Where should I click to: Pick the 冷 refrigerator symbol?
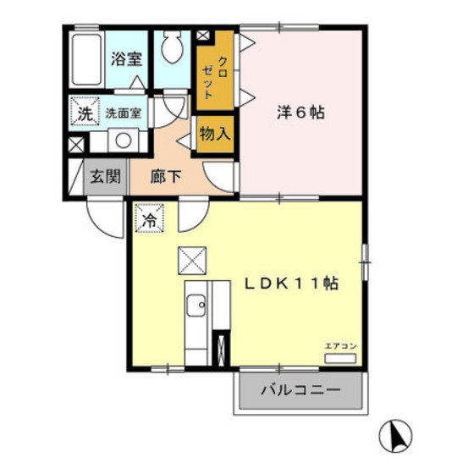tap(149, 219)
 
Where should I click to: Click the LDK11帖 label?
tap(292, 284)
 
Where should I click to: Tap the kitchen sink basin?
tap(196, 305)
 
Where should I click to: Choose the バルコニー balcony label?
tap(300, 391)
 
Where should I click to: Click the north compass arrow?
tap(394, 435)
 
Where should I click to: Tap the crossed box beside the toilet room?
tap(203, 36)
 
